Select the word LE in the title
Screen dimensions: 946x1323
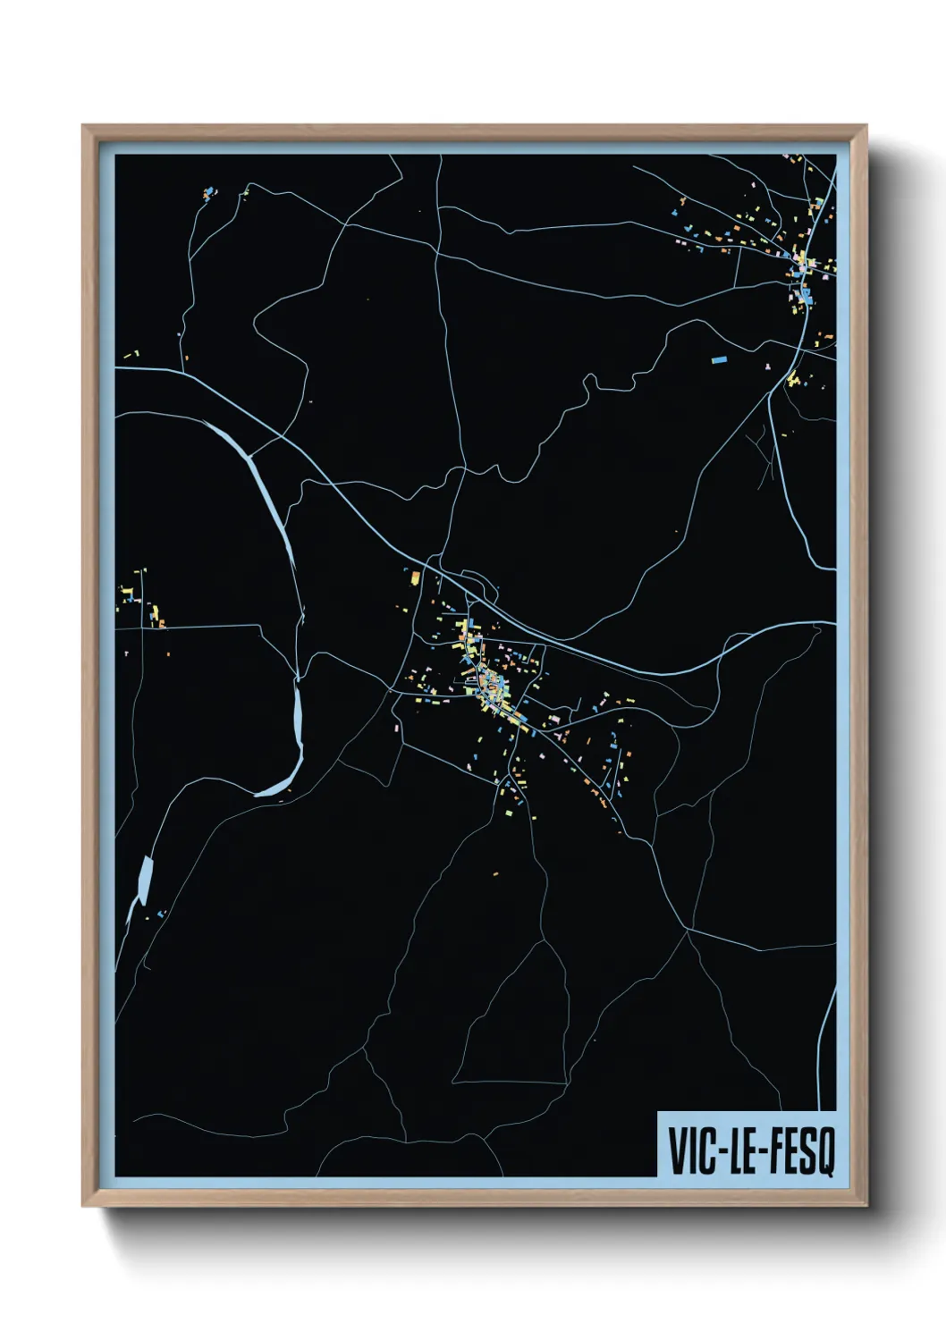point(740,1150)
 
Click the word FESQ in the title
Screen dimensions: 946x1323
point(798,1151)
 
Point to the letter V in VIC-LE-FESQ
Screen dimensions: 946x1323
point(677,1150)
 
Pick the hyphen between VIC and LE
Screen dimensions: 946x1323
point(718,1151)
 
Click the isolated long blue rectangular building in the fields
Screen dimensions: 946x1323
point(718,359)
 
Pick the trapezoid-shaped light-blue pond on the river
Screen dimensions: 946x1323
point(144,880)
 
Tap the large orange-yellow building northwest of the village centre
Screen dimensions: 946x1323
point(415,578)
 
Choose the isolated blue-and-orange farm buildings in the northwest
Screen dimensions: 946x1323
point(208,193)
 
